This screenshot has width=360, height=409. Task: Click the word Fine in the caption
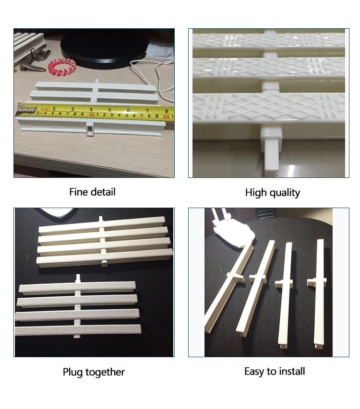click(x=79, y=192)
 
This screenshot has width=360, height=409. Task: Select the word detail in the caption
click(x=103, y=192)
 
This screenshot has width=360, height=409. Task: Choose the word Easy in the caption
click(x=255, y=372)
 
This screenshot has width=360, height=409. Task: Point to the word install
click(x=291, y=371)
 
